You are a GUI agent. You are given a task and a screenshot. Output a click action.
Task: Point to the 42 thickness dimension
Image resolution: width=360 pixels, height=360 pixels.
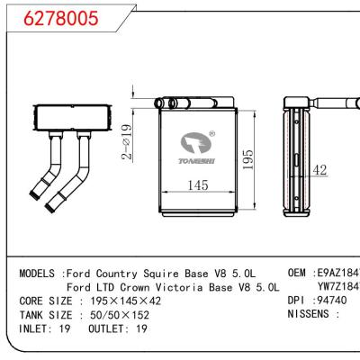point(319,169)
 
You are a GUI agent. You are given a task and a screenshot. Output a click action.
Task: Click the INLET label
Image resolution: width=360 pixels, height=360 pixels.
point(37,330)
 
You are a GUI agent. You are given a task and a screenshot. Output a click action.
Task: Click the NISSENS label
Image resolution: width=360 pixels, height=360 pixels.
point(311,316)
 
